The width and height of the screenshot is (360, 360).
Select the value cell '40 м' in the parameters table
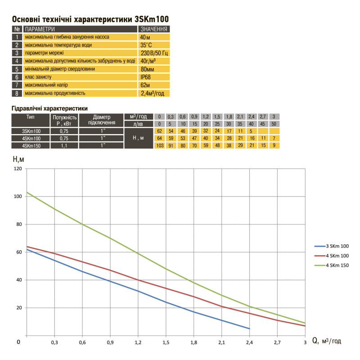point(153,37)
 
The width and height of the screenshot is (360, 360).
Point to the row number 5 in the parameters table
point(16,69)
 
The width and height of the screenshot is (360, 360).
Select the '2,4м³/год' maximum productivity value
point(153,94)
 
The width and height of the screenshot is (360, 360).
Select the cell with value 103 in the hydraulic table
point(159,145)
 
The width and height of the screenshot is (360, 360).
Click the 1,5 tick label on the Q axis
point(166,342)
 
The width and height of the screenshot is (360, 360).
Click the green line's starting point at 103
point(27,193)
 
